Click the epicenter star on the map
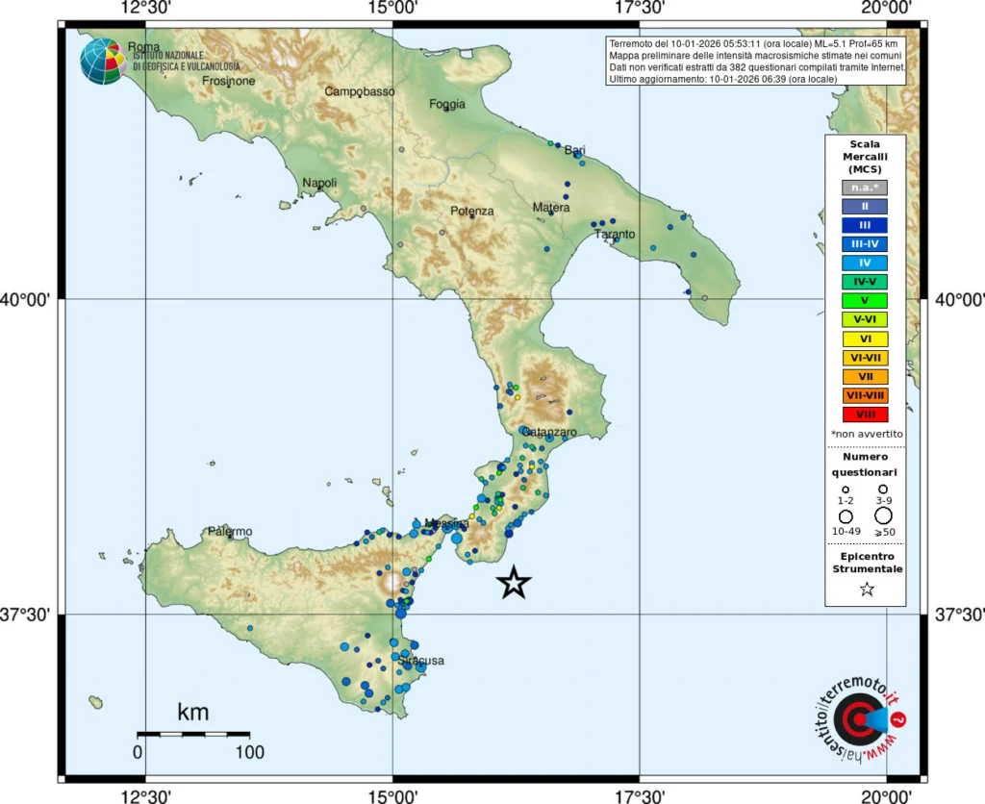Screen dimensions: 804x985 (x=515, y=582)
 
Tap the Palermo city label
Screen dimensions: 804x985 (x=230, y=532)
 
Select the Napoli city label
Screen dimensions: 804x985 (x=319, y=183)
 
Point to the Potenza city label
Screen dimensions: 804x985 (x=471, y=211)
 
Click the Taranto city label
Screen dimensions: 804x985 (x=615, y=234)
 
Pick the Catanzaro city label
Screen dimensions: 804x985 (x=549, y=432)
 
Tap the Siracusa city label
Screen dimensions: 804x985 (x=421, y=661)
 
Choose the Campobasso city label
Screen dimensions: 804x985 (x=360, y=91)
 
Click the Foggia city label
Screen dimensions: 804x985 (x=447, y=104)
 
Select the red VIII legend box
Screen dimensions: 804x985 (x=865, y=415)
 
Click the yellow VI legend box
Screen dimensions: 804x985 (x=865, y=339)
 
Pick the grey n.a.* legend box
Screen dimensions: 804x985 (x=865, y=187)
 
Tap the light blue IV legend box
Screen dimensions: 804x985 (x=865, y=263)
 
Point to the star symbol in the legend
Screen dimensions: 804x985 (x=866, y=590)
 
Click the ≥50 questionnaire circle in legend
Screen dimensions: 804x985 (x=883, y=516)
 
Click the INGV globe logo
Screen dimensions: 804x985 (x=102, y=61)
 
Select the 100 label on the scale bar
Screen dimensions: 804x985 (x=249, y=752)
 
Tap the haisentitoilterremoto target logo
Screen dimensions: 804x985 (x=856, y=718)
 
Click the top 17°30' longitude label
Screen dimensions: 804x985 (x=640, y=9)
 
